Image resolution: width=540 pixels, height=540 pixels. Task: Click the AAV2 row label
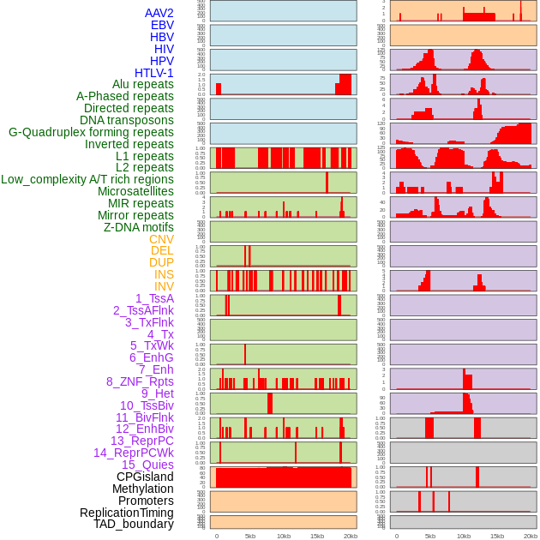pos(159,13)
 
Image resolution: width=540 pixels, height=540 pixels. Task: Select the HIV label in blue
pos(164,49)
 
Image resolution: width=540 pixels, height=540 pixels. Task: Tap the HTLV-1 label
pos(154,73)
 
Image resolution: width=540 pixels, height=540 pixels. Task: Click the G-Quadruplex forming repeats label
pos(91,132)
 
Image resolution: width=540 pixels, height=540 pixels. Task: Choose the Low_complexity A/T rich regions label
pos(87,179)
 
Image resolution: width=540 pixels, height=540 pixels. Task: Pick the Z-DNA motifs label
pos(138,227)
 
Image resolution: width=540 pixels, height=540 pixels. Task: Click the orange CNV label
pos(161,239)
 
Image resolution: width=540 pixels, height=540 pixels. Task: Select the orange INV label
pos(164,286)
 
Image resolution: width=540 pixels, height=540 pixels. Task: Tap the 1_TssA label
pos(154,298)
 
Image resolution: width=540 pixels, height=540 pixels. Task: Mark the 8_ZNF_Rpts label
pos(140,381)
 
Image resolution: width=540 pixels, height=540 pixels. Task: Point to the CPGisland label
pos(145,477)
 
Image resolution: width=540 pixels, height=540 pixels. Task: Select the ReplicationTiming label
pos(126,513)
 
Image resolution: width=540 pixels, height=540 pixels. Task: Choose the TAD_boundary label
pos(133,524)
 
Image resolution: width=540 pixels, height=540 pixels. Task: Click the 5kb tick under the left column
pos(250,536)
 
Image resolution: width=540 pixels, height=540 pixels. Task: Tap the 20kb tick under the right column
pos(531,536)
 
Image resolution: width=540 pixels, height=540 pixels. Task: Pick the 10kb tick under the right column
pos(463,536)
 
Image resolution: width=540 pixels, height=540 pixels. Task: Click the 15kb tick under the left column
pos(317,536)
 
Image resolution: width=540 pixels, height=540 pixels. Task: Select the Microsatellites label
pos(135,191)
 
